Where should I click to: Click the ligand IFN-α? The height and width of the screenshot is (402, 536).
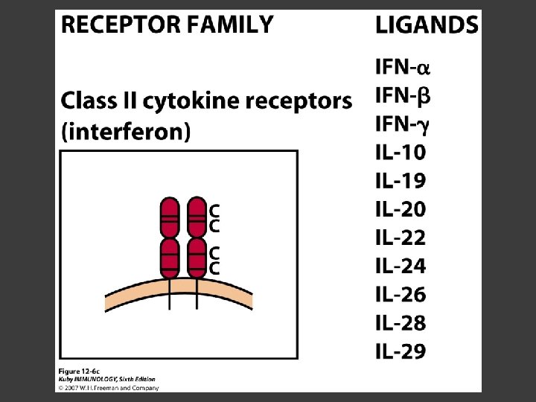point(403,68)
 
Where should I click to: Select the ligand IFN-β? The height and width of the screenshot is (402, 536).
point(403,96)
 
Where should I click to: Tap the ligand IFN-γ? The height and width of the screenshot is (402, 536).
point(403,124)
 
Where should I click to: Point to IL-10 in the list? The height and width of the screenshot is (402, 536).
point(401,153)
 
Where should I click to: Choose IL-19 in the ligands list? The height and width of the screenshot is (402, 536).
point(401,182)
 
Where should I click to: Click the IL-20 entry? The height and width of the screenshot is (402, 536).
point(401,210)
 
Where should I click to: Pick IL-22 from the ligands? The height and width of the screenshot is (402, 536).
point(401,238)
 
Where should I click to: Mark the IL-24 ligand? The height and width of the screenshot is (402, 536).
point(401,267)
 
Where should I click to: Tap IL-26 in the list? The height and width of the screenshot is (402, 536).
point(401,295)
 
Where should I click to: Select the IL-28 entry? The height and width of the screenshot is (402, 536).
point(401,323)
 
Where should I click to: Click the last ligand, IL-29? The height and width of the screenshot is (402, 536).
point(401,351)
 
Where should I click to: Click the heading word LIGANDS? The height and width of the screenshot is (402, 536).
point(427,26)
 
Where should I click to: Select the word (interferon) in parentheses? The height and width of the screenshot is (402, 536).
point(126,133)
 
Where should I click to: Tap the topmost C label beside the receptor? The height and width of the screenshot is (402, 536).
point(214,211)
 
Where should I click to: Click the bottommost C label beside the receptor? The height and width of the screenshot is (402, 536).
point(214,268)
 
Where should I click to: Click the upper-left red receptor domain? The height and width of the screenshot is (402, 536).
point(170,217)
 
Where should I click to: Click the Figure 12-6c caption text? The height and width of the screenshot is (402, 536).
point(80,370)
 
